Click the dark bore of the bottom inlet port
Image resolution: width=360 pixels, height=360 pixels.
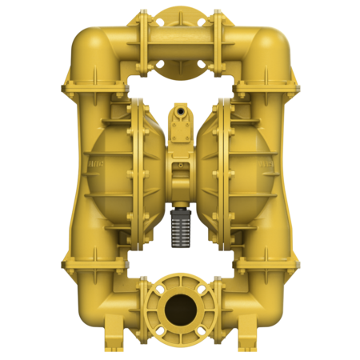(180, 307)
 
